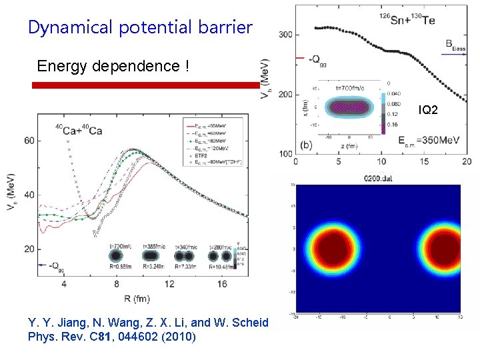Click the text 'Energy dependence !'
click(113, 67)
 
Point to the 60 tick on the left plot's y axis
click(29, 141)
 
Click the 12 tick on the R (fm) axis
click(171, 285)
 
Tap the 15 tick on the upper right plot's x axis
click(423, 162)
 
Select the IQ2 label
click(428, 109)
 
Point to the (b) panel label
click(307, 145)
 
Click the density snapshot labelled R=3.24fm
click(153, 256)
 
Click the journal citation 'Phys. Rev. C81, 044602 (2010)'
click(113, 337)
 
